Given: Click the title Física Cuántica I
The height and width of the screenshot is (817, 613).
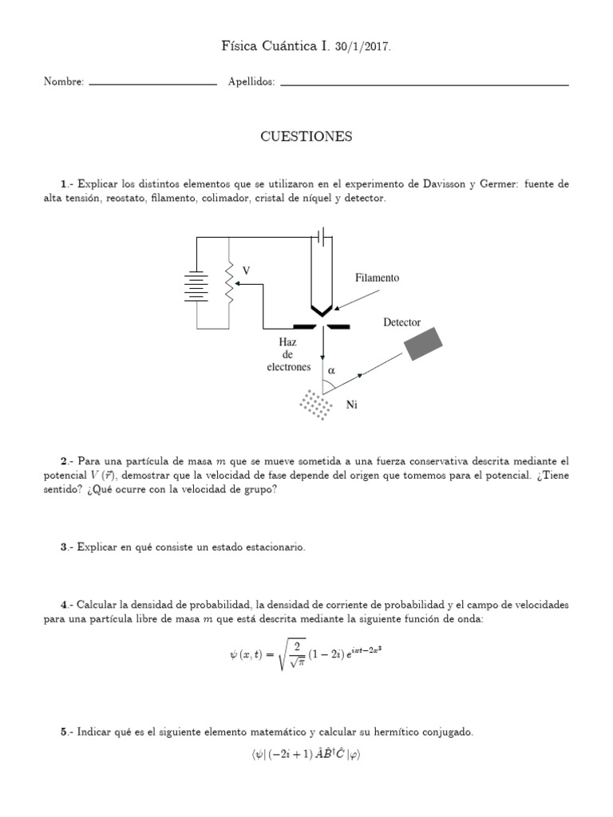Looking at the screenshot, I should click(x=272, y=47).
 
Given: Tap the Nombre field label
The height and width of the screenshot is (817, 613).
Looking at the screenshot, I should click(x=64, y=81).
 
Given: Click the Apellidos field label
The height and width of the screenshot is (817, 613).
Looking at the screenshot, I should click(x=251, y=81).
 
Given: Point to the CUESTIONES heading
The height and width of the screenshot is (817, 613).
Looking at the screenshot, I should click(x=306, y=137).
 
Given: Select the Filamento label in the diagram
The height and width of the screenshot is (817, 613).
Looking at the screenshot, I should click(x=377, y=278).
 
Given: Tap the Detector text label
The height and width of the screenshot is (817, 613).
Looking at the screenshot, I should click(x=401, y=322).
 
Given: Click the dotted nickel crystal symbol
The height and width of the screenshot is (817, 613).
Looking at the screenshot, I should click(x=316, y=404).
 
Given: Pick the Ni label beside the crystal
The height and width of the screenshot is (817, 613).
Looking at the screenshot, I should click(x=351, y=405).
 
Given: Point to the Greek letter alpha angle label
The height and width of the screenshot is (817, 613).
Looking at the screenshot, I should click(x=331, y=371).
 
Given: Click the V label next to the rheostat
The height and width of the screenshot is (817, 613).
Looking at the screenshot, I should click(x=246, y=271).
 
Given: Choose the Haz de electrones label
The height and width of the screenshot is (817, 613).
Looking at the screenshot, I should click(x=288, y=354).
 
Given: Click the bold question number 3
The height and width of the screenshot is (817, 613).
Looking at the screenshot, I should click(x=64, y=547).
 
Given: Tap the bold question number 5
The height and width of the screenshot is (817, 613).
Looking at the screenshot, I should click(x=64, y=732).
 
